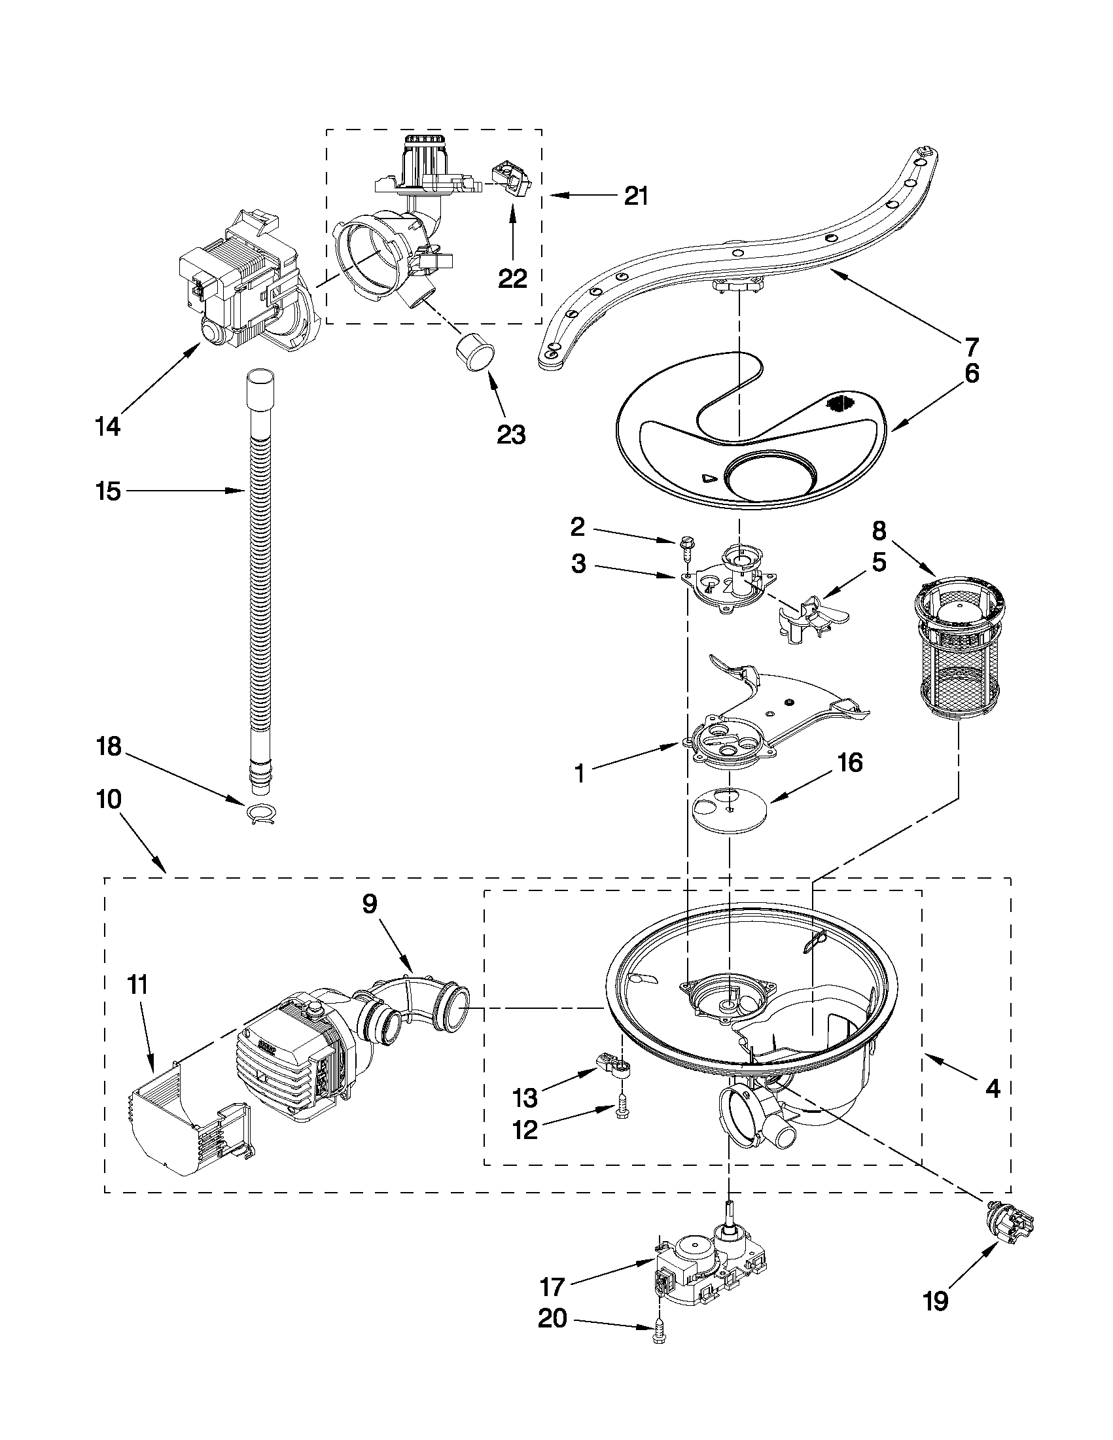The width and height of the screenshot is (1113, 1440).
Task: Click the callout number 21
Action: point(635,196)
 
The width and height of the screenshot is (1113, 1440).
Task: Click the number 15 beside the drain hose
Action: point(107,491)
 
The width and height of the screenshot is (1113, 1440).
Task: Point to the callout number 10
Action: point(109,799)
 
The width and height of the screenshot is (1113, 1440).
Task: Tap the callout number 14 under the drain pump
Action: point(107,427)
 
